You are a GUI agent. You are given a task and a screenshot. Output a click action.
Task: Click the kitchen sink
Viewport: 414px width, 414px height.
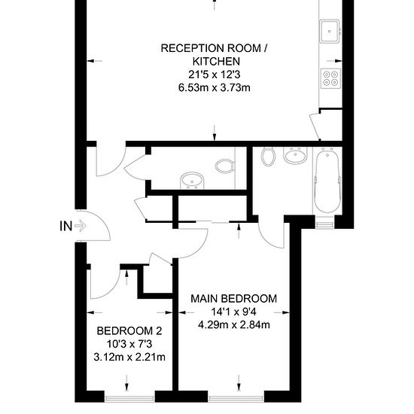(x=329, y=31)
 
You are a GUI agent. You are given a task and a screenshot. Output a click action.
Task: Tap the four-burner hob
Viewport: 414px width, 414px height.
(x=330, y=78)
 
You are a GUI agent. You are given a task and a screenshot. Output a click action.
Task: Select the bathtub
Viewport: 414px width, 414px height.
(x=327, y=181)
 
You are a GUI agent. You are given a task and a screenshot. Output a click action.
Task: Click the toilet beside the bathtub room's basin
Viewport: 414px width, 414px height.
(x=268, y=157)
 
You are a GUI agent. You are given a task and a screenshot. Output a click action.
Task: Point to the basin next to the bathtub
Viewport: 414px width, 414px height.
(x=295, y=155)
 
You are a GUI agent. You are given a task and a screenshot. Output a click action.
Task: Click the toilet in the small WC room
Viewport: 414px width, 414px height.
(x=225, y=166)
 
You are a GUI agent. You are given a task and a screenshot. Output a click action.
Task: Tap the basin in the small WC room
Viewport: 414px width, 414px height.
(x=192, y=181)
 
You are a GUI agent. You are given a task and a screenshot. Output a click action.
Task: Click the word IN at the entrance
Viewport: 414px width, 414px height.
(x=65, y=227)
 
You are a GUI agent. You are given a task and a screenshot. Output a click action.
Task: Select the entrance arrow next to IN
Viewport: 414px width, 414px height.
(x=81, y=226)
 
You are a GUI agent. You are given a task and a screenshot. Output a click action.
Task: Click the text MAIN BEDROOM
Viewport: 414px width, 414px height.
(x=233, y=299)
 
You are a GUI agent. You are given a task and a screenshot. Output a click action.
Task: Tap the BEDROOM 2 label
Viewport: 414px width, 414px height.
(x=129, y=331)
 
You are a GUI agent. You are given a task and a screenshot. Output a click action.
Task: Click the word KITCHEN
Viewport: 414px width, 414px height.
(x=216, y=61)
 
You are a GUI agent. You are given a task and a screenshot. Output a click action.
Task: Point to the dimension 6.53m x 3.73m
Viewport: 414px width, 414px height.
(x=214, y=87)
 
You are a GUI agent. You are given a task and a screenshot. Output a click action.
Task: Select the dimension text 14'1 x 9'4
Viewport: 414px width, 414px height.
(x=233, y=312)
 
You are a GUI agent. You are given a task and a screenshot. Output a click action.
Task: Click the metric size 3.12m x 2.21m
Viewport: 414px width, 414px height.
(x=129, y=357)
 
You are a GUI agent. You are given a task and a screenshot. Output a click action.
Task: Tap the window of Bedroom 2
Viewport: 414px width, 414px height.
(x=129, y=399)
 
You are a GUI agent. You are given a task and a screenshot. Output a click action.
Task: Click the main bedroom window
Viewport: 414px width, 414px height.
(x=236, y=399)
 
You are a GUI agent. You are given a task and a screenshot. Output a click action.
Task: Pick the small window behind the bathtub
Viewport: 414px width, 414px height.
(x=325, y=225)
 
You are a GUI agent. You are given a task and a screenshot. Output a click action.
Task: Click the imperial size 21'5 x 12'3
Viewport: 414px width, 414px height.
(x=214, y=75)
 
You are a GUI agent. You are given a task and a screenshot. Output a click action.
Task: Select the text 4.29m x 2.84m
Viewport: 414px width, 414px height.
(x=234, y=324)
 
